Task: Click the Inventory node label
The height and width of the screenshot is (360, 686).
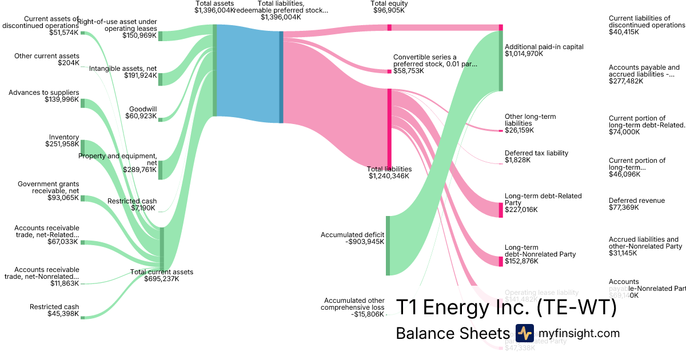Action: click(x=63, y=141)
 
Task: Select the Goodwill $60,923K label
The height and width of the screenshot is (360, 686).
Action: click(x=141, y=113)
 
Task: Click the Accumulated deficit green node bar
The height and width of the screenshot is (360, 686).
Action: click(x=387, y=245)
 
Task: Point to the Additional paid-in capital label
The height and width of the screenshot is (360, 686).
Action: click(x=544, y=50)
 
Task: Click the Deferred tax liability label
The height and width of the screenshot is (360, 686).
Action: click(x=536, y=157)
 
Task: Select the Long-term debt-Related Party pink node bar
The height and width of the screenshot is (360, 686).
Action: click(x=501, y=209)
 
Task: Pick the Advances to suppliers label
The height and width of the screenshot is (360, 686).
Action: click(x=44, y=96)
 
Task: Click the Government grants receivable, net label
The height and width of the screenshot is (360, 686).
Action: click(x=48, y=191)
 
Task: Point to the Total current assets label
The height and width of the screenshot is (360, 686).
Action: click(x=162, y=275)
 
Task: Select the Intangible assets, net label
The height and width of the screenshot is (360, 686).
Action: click(x=123, y=72)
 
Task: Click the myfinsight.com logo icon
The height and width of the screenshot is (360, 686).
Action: click(x=524, y=333)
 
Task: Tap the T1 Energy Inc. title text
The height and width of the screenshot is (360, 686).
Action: click(x=506, y=307)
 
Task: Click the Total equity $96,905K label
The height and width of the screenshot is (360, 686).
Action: click(x=389, y=7)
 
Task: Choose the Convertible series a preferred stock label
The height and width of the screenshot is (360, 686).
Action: click(x=434, y=64)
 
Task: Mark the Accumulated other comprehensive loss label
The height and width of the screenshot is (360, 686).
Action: click(x=354, y=307)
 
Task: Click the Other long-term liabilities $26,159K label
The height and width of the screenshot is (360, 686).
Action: click(x=530, y=123)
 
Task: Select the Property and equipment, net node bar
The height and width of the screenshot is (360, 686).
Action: click(x=161, y=170)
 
